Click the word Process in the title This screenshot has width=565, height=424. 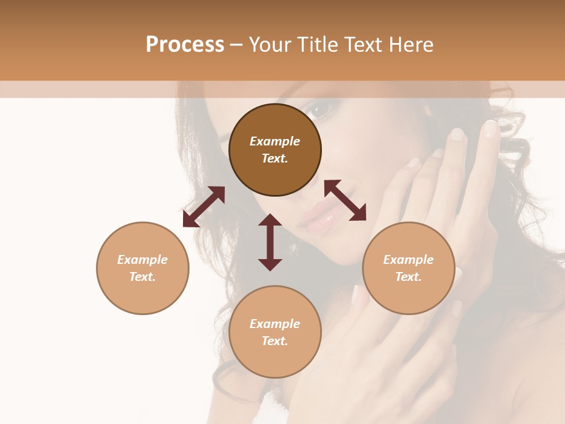[x=185, y=45]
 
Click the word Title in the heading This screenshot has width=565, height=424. [x=315, y=45]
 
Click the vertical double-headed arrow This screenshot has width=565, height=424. [x=270, y=242]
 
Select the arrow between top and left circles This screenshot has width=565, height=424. [x=204, y=207]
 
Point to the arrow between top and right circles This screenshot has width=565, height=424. [x=345, y=200]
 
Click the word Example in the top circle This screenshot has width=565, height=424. [x=275, y=141]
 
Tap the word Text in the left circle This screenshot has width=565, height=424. [x=142, y=277]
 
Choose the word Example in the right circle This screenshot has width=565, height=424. [x=408, y=260]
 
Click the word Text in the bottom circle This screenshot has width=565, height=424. [x=275, y=341]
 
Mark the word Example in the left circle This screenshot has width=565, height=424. [x=142, y=260]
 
